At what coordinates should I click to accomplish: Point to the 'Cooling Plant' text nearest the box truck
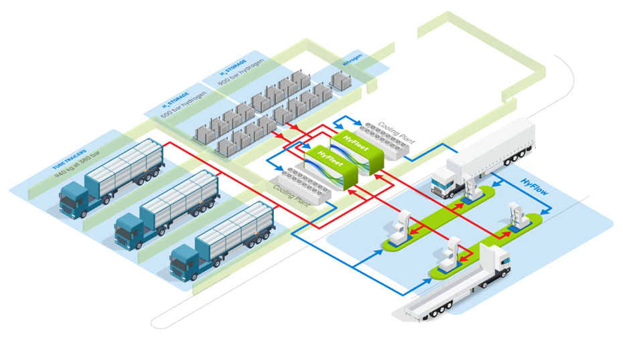pyautogui.click(x=397, y=131)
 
